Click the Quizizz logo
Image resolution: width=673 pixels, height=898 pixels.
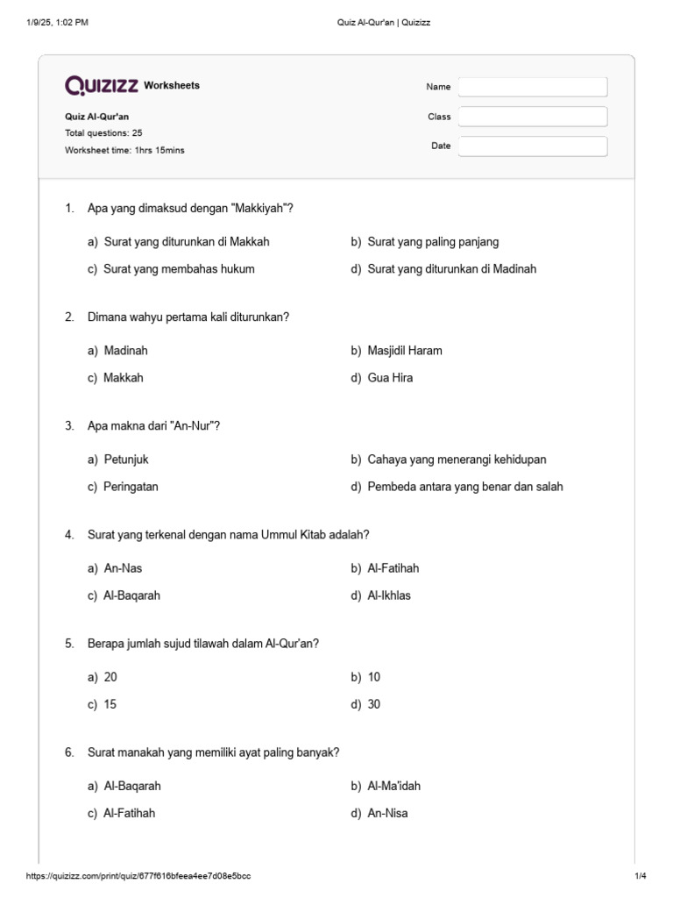point(102,85)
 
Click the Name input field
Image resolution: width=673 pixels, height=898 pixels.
point(533,87)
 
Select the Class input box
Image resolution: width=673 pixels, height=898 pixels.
point(533,117)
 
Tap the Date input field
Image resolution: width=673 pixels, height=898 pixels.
point(533,146)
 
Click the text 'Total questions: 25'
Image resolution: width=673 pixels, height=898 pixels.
point(103,133)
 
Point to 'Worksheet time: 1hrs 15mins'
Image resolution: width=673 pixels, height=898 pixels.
point(124,150)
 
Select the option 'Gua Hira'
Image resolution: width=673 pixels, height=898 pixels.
point(390,378)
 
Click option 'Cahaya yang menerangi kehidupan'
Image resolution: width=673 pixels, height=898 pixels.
point(450,460)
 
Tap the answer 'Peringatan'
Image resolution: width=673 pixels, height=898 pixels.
point(131,487)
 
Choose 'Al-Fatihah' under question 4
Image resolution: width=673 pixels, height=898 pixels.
point(393,568)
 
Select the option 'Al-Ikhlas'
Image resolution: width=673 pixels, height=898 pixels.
point(389,595)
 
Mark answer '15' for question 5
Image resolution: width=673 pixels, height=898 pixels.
point(110,704)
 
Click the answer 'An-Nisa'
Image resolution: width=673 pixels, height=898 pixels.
point(387,813)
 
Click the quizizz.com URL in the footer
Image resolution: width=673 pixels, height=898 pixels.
point(139,876)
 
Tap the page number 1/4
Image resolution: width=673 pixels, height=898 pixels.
point(640,876)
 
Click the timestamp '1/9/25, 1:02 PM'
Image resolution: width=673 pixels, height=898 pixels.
point(58,23)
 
